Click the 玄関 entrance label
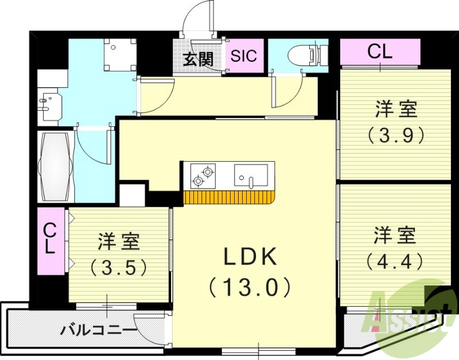[x=199, y=58]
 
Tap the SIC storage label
[x=244, y=56]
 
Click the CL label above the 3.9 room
[x=380, y=52]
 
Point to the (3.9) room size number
[x=396, y=135]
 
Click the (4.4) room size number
[x=395, y=261]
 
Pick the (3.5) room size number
[x=119, y=267]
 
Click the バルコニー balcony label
[x=99, y=330]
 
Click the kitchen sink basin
[x=251, y=174]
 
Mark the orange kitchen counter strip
[x=229, y=198]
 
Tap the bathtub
[x=55, y=166]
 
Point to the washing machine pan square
[x=119, y=54]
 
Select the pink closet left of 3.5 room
[x=51, y=241]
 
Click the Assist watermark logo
[x=410, y=312]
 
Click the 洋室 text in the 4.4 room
[x=395, y=235]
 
